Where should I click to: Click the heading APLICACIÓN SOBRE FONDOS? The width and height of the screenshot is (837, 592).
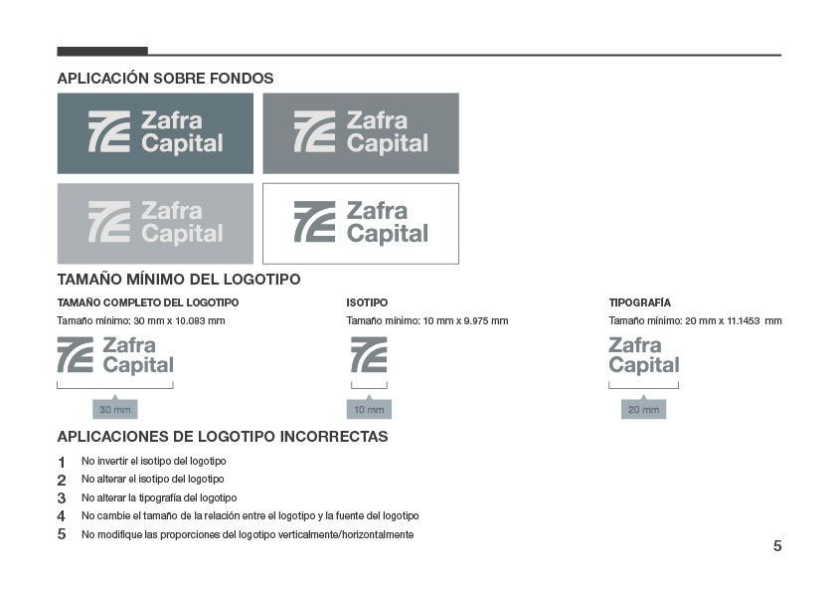(165, 79)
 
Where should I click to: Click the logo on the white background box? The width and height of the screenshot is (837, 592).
(361, 223)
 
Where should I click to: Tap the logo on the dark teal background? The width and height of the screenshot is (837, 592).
(155, 132)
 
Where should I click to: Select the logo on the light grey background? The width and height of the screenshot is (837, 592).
(155, 223)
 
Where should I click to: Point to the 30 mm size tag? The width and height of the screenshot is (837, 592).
(115, 409)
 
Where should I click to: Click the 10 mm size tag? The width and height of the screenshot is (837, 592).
(369, 409)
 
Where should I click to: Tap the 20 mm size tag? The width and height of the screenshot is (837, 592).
(643, 409)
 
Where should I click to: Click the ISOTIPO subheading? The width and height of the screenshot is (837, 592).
(367, 302)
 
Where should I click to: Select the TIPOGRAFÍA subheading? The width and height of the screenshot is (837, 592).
(639, 302)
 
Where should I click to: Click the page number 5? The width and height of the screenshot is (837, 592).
(777, 545)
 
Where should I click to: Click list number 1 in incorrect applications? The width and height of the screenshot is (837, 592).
(62, 462)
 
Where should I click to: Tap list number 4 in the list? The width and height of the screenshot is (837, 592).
(62, 516)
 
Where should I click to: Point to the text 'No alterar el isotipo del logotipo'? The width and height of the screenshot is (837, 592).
(153, 480)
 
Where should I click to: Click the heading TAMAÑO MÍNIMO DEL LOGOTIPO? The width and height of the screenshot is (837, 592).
(179, 280)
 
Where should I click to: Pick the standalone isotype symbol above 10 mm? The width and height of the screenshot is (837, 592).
(369, 355)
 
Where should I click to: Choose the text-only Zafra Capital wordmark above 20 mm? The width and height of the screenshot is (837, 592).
(643, 355)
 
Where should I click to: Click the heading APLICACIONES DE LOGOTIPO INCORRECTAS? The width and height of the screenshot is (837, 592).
(223, 437)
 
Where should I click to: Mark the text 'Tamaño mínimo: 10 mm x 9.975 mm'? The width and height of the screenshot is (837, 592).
(427, 321)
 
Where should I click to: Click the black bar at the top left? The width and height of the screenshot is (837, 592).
(102, 51)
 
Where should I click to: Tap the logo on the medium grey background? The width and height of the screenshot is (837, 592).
(361, 132)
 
